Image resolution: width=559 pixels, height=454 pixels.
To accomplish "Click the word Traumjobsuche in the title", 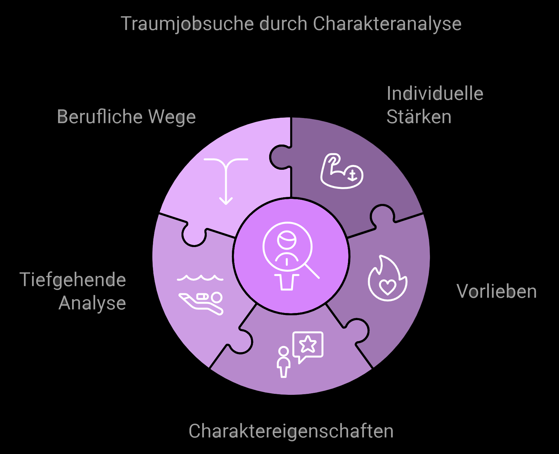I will click(187, 24).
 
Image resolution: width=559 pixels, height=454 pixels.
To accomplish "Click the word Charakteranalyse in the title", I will click(387, 24).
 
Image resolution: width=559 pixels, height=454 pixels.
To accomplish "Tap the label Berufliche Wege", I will click(126, 117).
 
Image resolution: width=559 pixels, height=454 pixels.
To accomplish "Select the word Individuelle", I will click(435, 94).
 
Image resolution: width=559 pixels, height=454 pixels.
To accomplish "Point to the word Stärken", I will click(419, 117).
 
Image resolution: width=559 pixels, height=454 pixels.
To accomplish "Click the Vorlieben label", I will click(497, 291).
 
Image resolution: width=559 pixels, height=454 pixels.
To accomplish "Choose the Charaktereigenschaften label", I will click(291, 431).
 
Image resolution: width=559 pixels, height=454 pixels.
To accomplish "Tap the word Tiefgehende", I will click(73, 280).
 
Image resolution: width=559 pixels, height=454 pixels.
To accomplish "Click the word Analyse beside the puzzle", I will click(93, 303).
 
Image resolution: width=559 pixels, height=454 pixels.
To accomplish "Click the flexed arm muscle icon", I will click(341, 171).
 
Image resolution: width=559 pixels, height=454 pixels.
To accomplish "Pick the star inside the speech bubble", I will click(308, 344).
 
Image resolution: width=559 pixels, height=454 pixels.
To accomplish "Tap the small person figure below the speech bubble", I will click(283, 362).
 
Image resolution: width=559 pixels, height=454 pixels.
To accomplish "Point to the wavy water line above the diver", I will click(200, 278).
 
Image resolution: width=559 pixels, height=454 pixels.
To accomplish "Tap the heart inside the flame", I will click(387, 287).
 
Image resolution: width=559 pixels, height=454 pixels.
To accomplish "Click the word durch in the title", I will click(283, 24).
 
